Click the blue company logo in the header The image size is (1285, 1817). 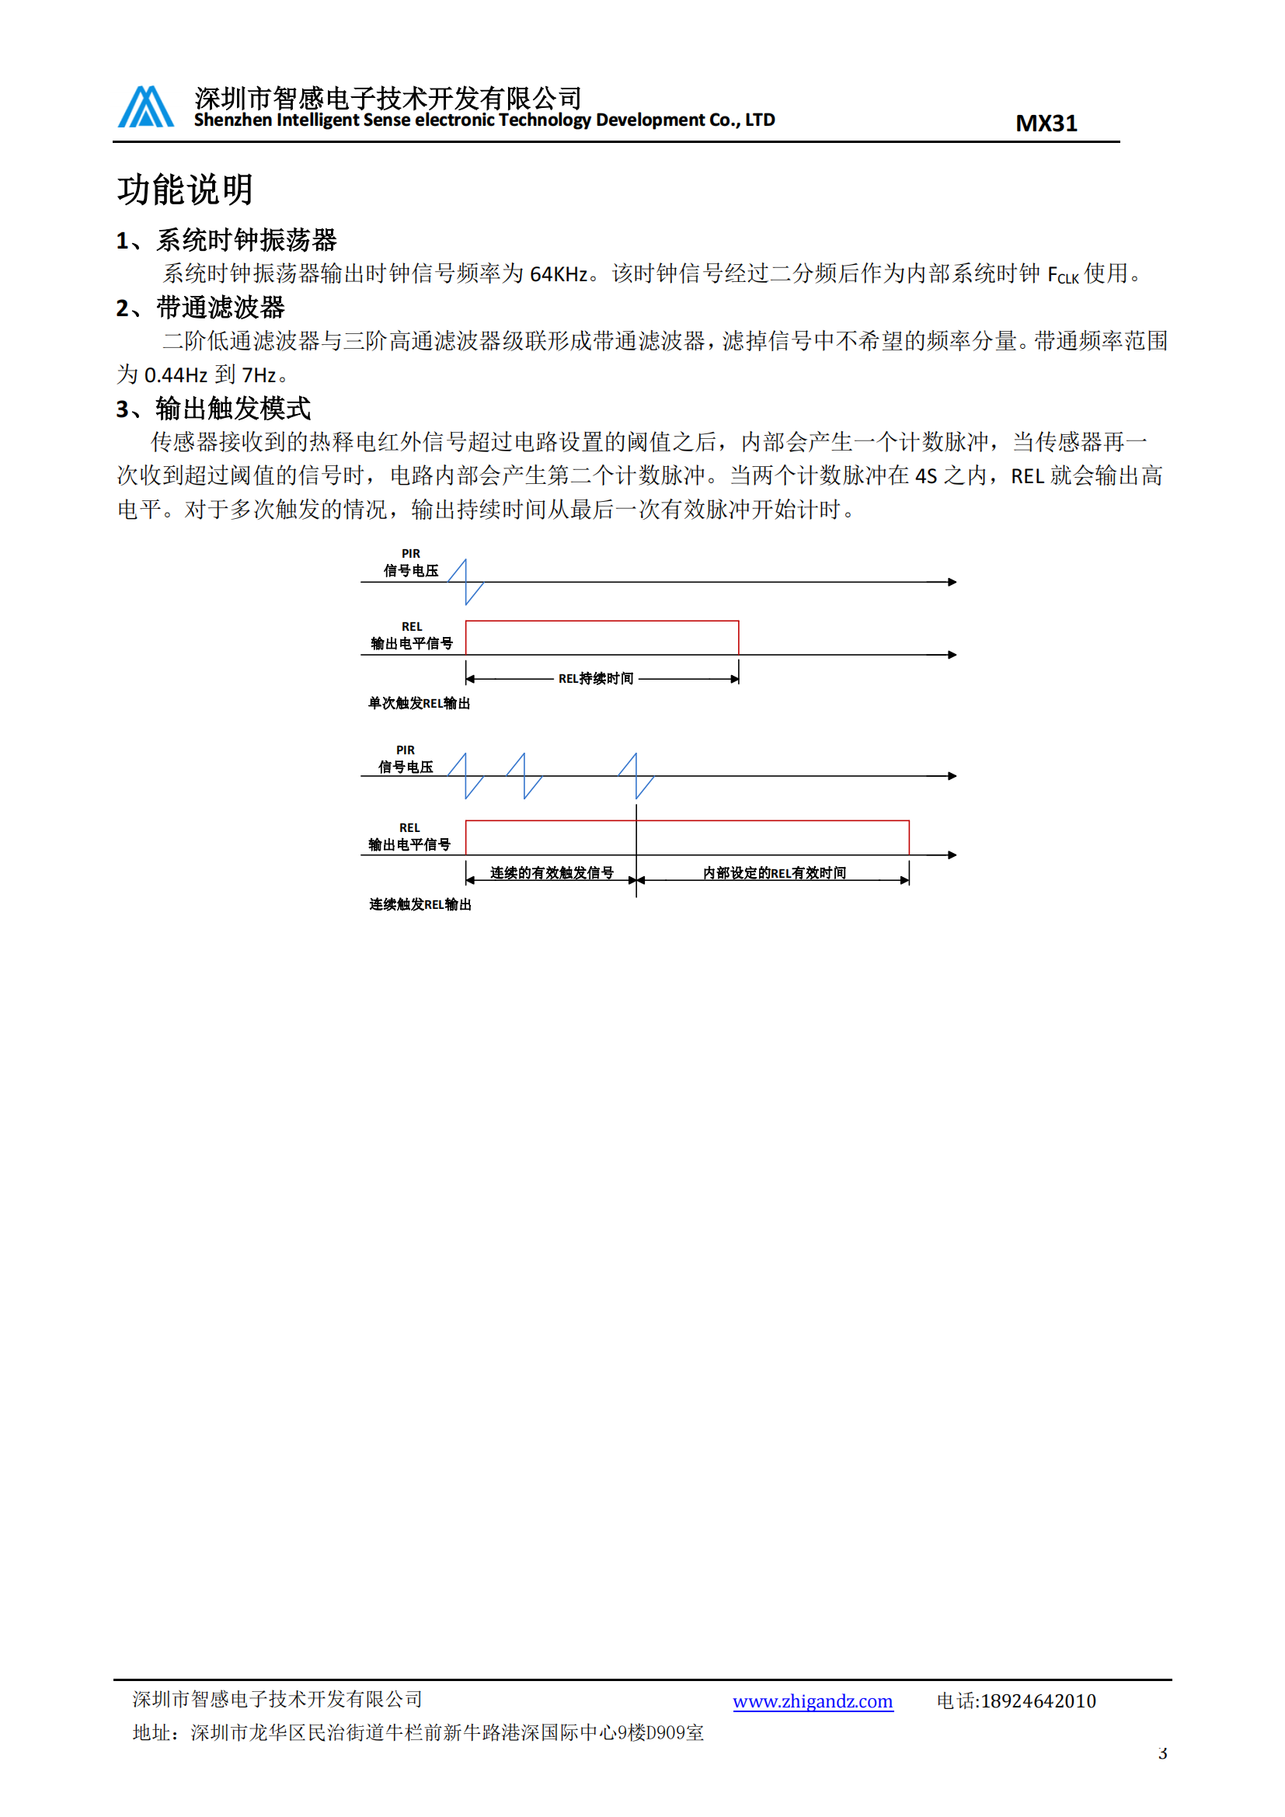click(x=145, y=107)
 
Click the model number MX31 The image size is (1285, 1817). click(x=1045, y=124)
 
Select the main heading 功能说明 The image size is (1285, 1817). click(x=185, y=190)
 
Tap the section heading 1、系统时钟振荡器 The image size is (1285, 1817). click(x=226, y=240)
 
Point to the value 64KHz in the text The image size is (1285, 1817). click(x=559, y=273)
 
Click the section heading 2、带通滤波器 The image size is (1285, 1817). click(x=200, y=308)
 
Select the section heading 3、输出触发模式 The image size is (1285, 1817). click(x=214, y=409)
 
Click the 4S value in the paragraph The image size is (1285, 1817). click(x=926, y=475)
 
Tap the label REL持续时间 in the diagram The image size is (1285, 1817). click(x=596, y=679)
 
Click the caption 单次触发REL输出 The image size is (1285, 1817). click(x=419, y=704)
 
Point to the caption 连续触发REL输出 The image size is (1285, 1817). click(x=420, y=904)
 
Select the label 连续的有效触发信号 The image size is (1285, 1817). click(x=552, y=873)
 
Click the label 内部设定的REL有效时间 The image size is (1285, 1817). click(x=774, y=873)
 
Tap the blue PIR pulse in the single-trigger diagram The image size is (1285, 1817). click(x=466, y=583)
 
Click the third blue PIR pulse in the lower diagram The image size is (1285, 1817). click(x=636, y=775)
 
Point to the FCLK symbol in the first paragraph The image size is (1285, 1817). click(x=1062, y=276)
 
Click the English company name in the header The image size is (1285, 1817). click(x=484, y=120)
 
